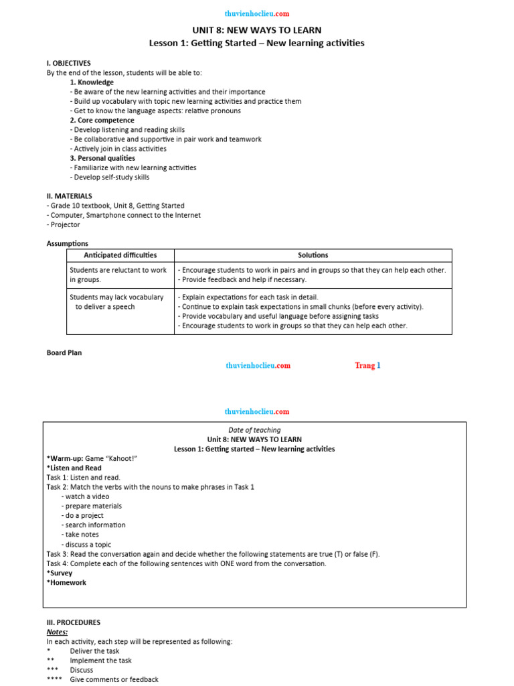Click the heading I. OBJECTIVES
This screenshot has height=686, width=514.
(x=68, y=63)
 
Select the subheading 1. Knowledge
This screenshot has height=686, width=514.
(x=92, y=82)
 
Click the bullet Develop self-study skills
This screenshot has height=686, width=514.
(x=111, y=178)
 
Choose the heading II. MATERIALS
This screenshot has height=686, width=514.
(x=70, y=196)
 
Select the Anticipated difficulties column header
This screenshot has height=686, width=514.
(x=120, y=255)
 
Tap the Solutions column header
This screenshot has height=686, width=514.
(x=313, y=255)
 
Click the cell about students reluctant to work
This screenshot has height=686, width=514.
(x=118, y=275)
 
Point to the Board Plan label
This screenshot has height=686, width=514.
(x=64, y=352)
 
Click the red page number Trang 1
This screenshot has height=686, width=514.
(x=367, y=366)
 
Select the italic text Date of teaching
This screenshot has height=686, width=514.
(x=254, y=430)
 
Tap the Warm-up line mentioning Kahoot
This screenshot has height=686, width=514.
(x=92, y=458)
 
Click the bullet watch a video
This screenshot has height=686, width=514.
(x=86, y=496)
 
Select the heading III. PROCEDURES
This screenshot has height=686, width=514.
(x=74, y=622)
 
